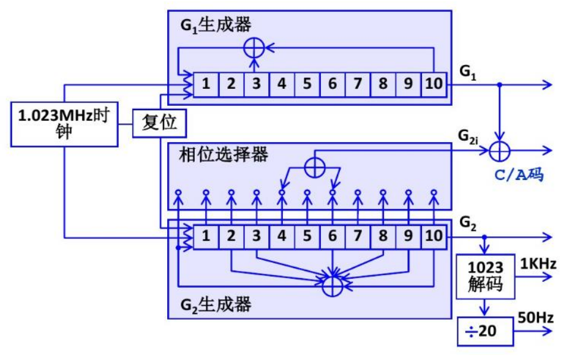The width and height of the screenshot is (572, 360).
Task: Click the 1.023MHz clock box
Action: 64,124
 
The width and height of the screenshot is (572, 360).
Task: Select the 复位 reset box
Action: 159,123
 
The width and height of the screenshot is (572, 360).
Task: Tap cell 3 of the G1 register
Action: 257,84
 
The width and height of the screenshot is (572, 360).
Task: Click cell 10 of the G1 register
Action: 433,84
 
